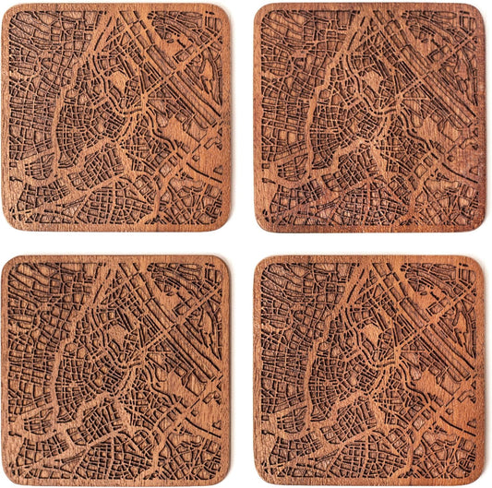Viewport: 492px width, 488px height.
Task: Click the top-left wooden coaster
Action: tap(115, 116)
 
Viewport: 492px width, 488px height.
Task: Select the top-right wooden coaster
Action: tap(370, 116)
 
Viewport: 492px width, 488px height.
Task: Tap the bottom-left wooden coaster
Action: tap(115, 371)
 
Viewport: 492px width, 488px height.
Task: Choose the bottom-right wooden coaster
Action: tap(370, 371)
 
